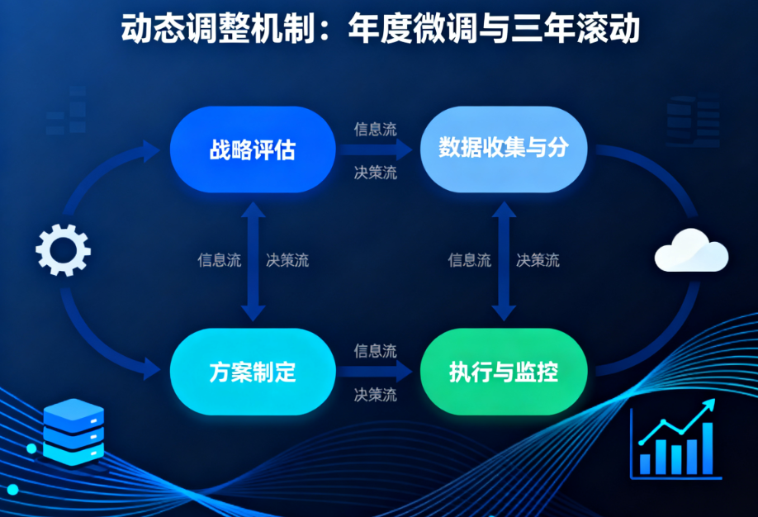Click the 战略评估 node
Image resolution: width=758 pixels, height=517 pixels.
pos(253,149)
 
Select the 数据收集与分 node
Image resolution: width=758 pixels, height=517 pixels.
pos(504,149)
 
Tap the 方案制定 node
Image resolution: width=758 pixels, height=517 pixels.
pos(253,372)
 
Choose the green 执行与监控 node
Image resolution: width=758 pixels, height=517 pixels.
pos(504,372)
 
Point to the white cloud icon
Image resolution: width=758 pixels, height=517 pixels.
pos(691,252)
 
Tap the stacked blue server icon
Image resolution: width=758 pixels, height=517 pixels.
pos(73,431)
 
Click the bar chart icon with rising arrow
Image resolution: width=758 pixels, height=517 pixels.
pos(675,439)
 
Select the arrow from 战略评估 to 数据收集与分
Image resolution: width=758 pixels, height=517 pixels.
pos(375,149)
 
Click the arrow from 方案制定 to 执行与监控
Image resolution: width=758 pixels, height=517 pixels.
pos(375,372)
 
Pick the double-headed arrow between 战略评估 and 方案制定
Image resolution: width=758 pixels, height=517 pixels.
pos(253,261)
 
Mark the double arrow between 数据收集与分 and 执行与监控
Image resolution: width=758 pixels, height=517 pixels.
pos(504,261)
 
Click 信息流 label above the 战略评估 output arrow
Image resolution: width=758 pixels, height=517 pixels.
pos(375,129)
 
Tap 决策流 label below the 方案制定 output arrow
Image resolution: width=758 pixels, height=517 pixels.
pos(375,395)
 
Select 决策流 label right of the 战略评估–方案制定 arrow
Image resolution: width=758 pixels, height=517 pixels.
pos(287,260)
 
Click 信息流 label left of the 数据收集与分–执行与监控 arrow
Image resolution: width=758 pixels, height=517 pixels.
pos(469,260)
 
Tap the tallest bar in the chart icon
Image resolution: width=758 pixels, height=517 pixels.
pos(708,448)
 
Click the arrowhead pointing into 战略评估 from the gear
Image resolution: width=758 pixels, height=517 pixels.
pos(151,151)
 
